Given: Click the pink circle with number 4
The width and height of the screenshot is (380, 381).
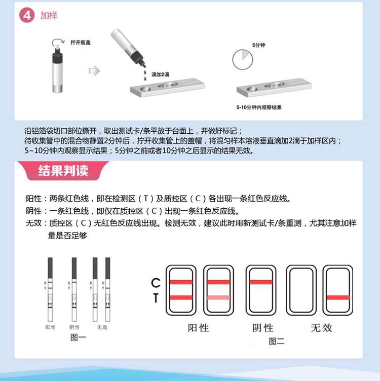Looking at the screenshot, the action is pos(27,15).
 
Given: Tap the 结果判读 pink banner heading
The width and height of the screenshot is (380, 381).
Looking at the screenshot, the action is pos(63,171).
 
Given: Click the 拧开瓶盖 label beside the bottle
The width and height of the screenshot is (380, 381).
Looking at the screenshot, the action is pos(81,43).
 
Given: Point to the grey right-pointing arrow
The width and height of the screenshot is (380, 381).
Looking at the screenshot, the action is pos(94,71).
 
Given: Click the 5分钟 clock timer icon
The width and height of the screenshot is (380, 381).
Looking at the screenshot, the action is pos(243,60).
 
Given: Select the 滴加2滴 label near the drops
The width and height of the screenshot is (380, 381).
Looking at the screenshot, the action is pos(160,74).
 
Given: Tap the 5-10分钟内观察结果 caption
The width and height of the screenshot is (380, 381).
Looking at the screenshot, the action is pos(259,107).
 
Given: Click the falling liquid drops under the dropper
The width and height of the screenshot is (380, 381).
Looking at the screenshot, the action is pos(145,75).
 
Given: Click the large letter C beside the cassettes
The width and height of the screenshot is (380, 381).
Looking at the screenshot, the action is pos(156,283).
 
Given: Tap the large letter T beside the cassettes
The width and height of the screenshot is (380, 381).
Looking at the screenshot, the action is pos(156,298).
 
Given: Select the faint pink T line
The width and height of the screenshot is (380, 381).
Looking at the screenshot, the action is pos(218,297).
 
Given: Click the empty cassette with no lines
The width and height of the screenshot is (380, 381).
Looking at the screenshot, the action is pos(301,290).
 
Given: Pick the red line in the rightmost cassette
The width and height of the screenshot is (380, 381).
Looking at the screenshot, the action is pos(338,297).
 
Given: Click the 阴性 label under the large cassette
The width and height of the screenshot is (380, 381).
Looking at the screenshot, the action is pos(262,328).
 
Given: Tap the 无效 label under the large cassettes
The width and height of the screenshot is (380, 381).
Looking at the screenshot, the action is pos(321,328).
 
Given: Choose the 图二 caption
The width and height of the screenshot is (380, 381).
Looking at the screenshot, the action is pos(277,341).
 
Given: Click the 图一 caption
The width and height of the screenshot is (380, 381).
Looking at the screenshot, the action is pos(78,337).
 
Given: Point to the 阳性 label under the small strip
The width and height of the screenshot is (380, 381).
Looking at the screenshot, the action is pos(50,327).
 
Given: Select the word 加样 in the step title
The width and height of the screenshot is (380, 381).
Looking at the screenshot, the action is pos(49,16).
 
